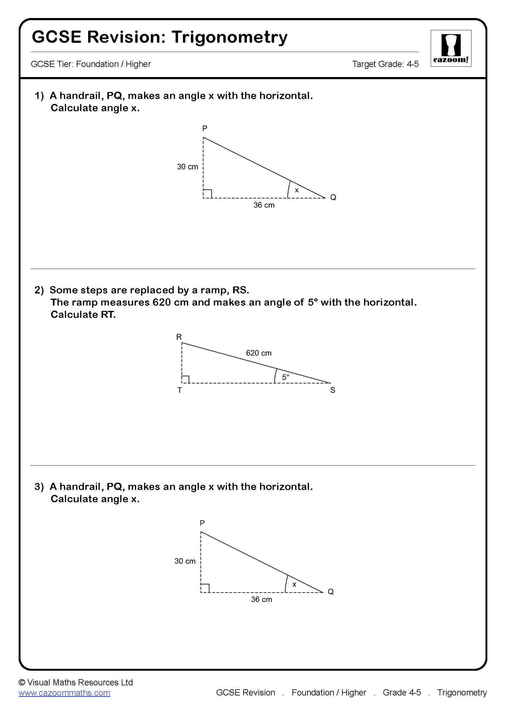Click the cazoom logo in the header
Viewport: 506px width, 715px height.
(x=451, y=48)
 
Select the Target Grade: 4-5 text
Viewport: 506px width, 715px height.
(x=385, y=64)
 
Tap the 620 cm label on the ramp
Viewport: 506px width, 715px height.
(x=259, y=353)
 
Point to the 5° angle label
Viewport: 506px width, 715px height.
(x=285, y=377)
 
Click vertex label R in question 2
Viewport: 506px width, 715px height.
(x=179, y=337)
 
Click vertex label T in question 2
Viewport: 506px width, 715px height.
(x=180, y=390)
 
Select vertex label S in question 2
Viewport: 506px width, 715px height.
(x=333, y=390)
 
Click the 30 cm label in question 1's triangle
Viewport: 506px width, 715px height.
(x=188, y=167)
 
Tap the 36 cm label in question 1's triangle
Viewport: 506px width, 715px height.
(x=264, y=205)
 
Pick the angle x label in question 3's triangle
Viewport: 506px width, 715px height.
(x=294, y=584)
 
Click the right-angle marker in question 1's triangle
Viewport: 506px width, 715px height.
(x=207, y=193)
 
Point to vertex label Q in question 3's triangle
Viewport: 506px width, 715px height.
(x=331, y=592)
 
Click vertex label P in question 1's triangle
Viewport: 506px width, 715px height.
(x=204, y=128)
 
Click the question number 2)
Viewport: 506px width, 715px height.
(x=39, y=290)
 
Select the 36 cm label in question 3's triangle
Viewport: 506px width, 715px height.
(x=261, y=599)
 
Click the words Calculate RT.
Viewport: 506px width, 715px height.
(x=83, y=315)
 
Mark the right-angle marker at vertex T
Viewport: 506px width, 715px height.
(x=186, y=379)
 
